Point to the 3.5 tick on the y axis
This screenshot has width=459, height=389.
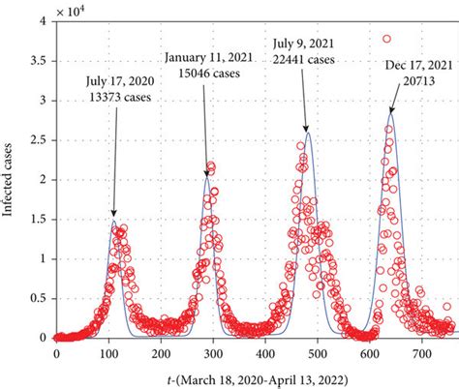point(38,60)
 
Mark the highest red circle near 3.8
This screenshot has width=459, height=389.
point(387,39)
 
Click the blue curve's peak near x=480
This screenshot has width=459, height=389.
point(308,131)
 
